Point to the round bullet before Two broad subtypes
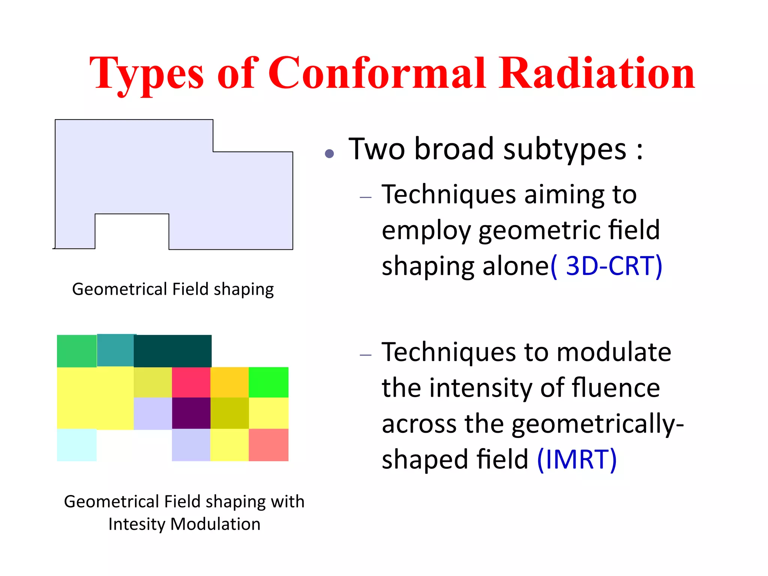pyautogui.click(x=329, y=153)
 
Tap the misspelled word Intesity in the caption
pyautogui.click(x=136, y=524)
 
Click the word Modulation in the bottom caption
pyautogui.click(x=215, y=524)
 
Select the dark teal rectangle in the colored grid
pyautogui.click(x=172, y=351)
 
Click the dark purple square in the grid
pyautogui.click(x=191, y=413)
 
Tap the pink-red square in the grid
pyautogui.click(x=191, y=382)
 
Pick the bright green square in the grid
pyautogui.click(x=268, y=382)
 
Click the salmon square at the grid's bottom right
pyautogui.click(x=268, y=445)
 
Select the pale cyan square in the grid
pyautogui.click(x=76, y=445)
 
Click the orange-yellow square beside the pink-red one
pyautogui.click(x=229, y=382)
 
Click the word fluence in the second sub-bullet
pyautogui.click(x=615, y=388)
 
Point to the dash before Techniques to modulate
pyautogui.click(x=365, y=355)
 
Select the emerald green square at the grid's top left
pyautogui.click(x=76, y=351)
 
